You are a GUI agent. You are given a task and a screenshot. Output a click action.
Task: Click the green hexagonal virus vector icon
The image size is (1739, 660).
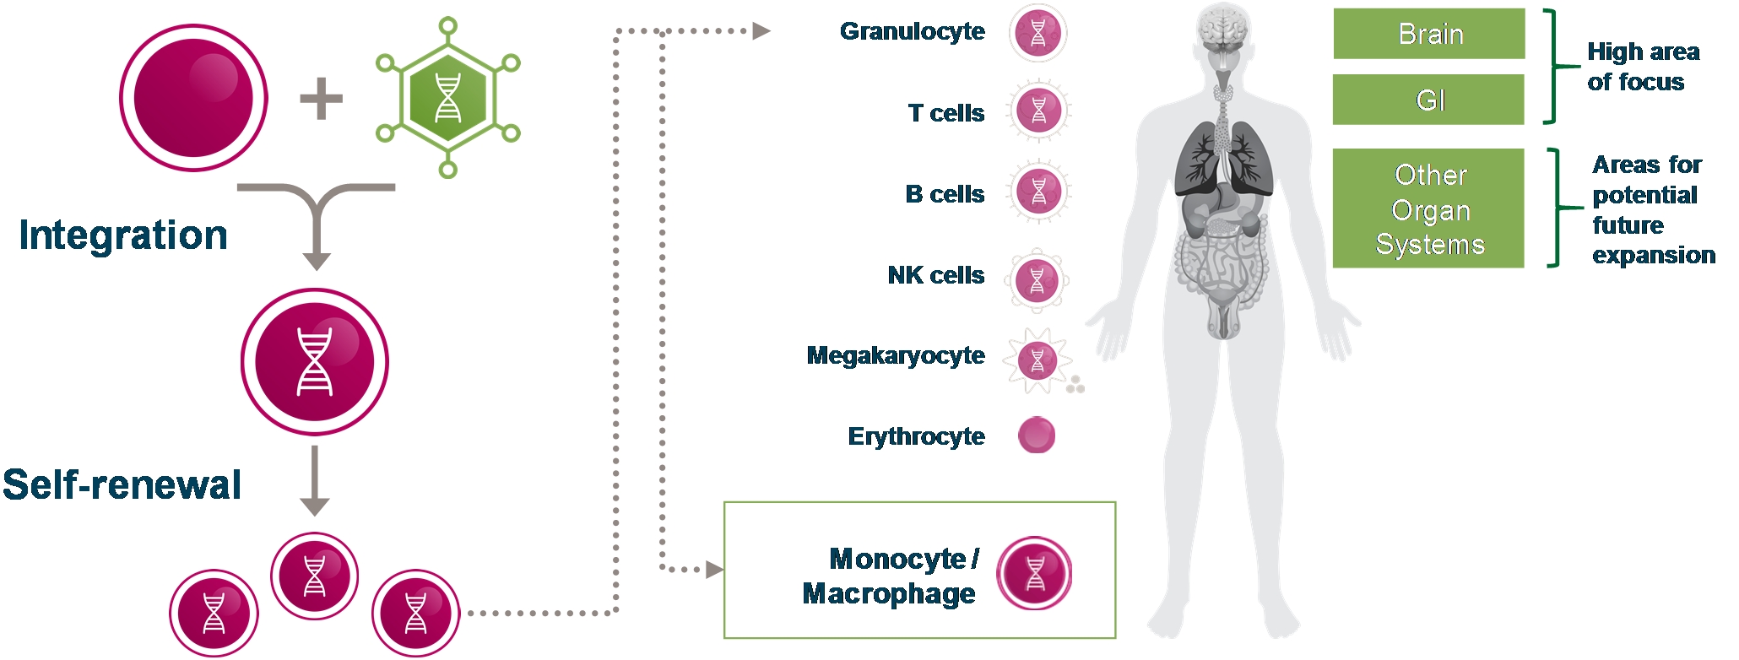[447, 98]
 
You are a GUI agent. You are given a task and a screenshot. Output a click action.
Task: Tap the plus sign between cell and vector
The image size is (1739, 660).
[321, 99]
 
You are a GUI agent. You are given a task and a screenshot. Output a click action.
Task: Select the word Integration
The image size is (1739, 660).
[123, 235]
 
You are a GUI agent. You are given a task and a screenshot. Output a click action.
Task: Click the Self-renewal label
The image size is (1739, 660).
[122, 484]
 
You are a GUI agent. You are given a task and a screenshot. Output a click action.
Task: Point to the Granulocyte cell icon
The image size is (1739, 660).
[1037, 34]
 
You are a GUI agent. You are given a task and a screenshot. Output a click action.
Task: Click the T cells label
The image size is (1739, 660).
[945, 113]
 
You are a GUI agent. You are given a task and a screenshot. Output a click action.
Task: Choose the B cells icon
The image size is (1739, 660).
[1038, 192]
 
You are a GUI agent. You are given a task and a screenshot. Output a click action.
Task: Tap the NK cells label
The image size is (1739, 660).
[935, 275]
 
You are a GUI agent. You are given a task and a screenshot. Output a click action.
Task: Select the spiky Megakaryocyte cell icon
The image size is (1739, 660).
[1037, 360]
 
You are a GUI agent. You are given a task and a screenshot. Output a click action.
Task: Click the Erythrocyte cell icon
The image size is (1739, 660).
[1037, 435]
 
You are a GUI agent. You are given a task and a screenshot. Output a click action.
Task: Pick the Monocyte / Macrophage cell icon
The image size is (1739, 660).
[1034, 574]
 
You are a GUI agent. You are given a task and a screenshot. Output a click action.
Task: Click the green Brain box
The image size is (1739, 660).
[1429, 34]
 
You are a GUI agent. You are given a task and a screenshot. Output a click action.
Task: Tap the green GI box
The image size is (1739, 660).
[1429, 100]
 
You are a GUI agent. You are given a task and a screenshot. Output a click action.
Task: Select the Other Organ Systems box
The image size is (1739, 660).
[1429, 208]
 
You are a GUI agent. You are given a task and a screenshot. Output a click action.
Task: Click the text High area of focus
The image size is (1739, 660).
[1643, 67]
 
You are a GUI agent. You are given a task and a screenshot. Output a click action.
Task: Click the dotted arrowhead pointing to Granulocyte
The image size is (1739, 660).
[761, 31]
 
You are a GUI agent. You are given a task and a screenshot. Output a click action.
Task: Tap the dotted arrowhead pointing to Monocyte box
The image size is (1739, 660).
[715, 570]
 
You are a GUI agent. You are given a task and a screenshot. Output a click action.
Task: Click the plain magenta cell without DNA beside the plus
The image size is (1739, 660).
[193, 98]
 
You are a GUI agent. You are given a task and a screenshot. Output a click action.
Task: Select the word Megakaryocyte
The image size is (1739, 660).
[895, 355]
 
